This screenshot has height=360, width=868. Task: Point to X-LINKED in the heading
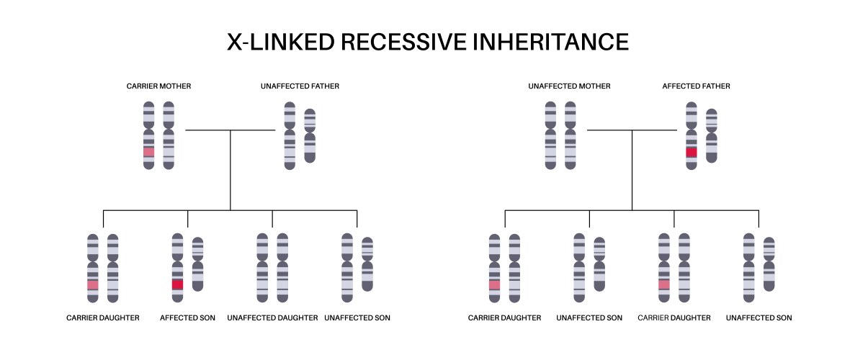pyautogui.click(x=281, y=42)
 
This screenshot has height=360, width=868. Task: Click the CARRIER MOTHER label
pyautogui.click(x=158, y=86)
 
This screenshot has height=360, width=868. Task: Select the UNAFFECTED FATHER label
pyautogui.click(x=300, y=86)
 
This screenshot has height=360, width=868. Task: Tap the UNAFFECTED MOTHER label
pyautogui.click(x=569, y=86)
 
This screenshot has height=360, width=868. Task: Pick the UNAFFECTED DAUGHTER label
pyautogui.click(x=272, y=318)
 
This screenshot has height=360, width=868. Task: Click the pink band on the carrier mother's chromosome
pyautogui.click(x=149, y=152)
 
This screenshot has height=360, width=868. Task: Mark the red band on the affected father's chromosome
pyautogui.click(x=692, y=152)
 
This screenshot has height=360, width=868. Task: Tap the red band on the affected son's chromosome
pyautogui.click(x=177, y=284)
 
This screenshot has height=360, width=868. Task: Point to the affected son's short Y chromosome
pyautogui.click(x=197, y=264)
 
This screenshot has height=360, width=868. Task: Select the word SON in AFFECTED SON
pyautogui.click(x=207, y=318)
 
